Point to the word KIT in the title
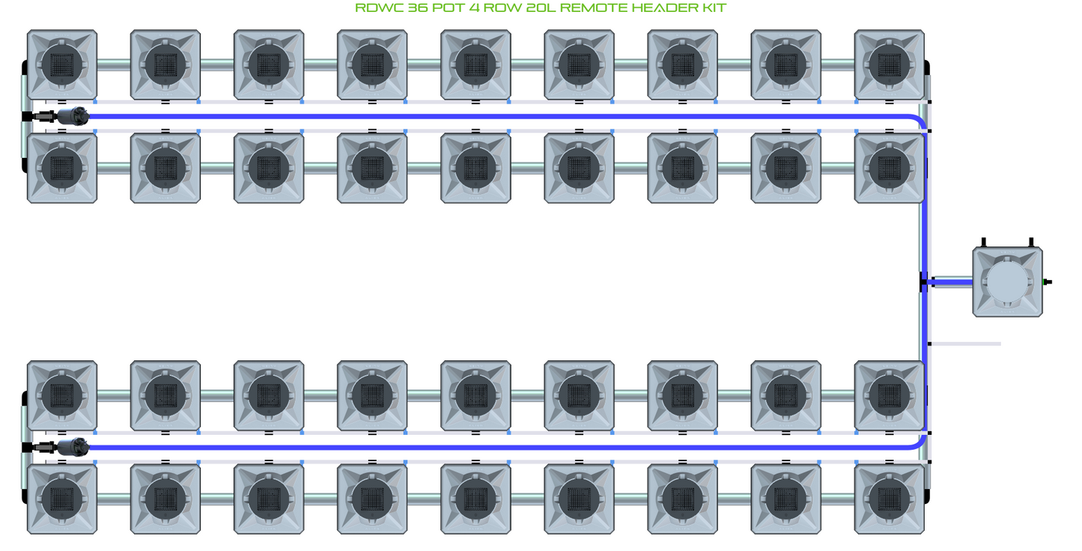coord(713,8)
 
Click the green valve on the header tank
coord(1043,282)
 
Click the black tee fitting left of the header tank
coord(924,282)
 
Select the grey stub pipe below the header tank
coord(966,344)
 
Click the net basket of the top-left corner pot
coord(61,64)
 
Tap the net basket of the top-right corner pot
coord(889,64)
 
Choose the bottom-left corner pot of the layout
coord(61,499)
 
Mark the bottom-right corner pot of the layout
coord(889,499)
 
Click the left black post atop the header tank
coord(983,243)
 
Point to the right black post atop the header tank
coord(1030,243)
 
